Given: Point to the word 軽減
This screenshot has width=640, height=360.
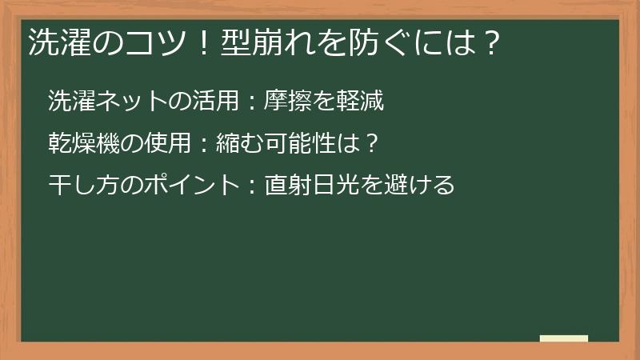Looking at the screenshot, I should pos(363,101).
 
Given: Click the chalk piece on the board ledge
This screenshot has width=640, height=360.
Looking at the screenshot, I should pos(564,338).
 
